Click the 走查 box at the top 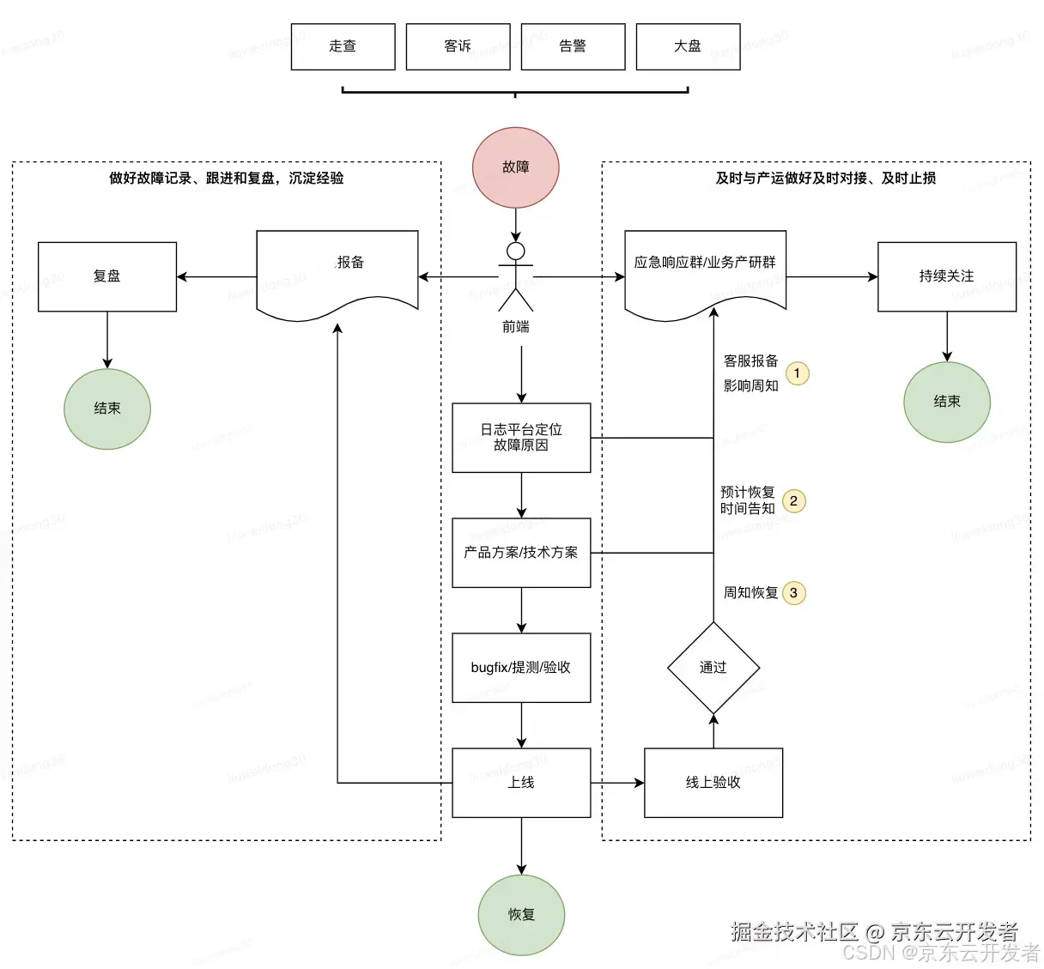[343, 46]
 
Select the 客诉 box [458, 46]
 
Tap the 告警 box [573, 46]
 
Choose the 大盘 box [688, 46]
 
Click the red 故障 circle [516, 167]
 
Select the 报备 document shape [337, 270]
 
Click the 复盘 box [107, 276]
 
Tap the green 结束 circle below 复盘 [107, 409]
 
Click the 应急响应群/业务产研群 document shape [705, 270]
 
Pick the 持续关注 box [946, 276]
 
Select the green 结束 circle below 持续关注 [947, 402]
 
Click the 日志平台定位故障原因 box [521, 438]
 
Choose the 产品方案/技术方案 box [521, 553]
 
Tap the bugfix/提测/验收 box [521, 668]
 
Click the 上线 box [521, 783]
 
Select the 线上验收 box [713, 783]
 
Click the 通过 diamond [713, 668]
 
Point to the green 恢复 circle [521, 915]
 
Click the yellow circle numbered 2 [794, 501]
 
